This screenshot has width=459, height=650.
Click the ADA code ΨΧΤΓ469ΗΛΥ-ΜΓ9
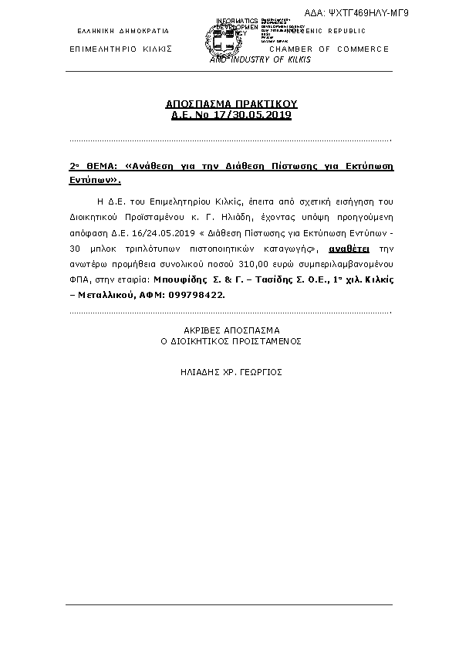(367, 13)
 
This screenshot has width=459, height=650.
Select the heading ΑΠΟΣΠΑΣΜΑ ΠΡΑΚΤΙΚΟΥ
(231, 103)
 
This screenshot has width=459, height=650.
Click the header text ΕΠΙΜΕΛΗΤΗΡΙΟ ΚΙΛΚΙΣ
(120, 49)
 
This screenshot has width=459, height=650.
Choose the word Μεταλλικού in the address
(103, 296)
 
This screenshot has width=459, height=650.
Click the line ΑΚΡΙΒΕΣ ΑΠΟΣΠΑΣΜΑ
(231, 329)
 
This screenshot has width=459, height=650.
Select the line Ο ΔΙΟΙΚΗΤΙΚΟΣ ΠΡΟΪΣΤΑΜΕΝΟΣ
(231, 340)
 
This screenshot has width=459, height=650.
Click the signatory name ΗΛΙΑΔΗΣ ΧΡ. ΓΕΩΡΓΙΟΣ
(231, 371)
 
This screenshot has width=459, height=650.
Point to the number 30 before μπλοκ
(75, 249)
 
